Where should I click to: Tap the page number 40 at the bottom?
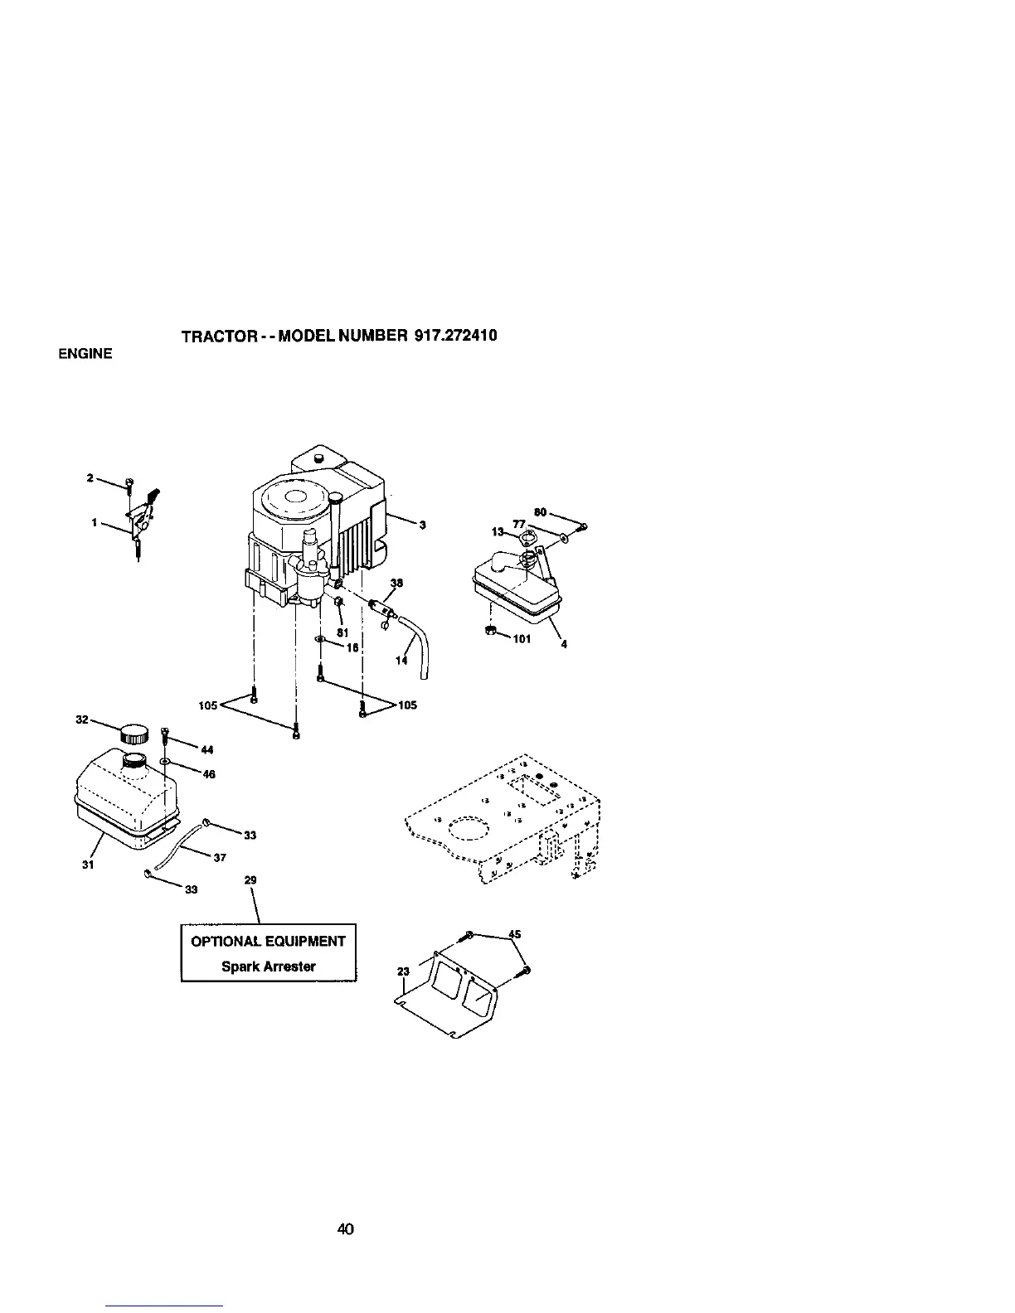pos(346,1228)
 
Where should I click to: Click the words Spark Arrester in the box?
pos(268,967)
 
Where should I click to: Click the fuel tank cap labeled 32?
pos(134,734)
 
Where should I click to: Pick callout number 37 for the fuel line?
pos(220,858)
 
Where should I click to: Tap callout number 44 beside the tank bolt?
pos(207,750)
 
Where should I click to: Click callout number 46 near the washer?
pos(209,774)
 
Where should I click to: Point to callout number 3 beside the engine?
pos(422,524)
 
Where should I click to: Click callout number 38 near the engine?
pos(396,583)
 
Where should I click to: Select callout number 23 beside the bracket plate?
pos(404,972)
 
